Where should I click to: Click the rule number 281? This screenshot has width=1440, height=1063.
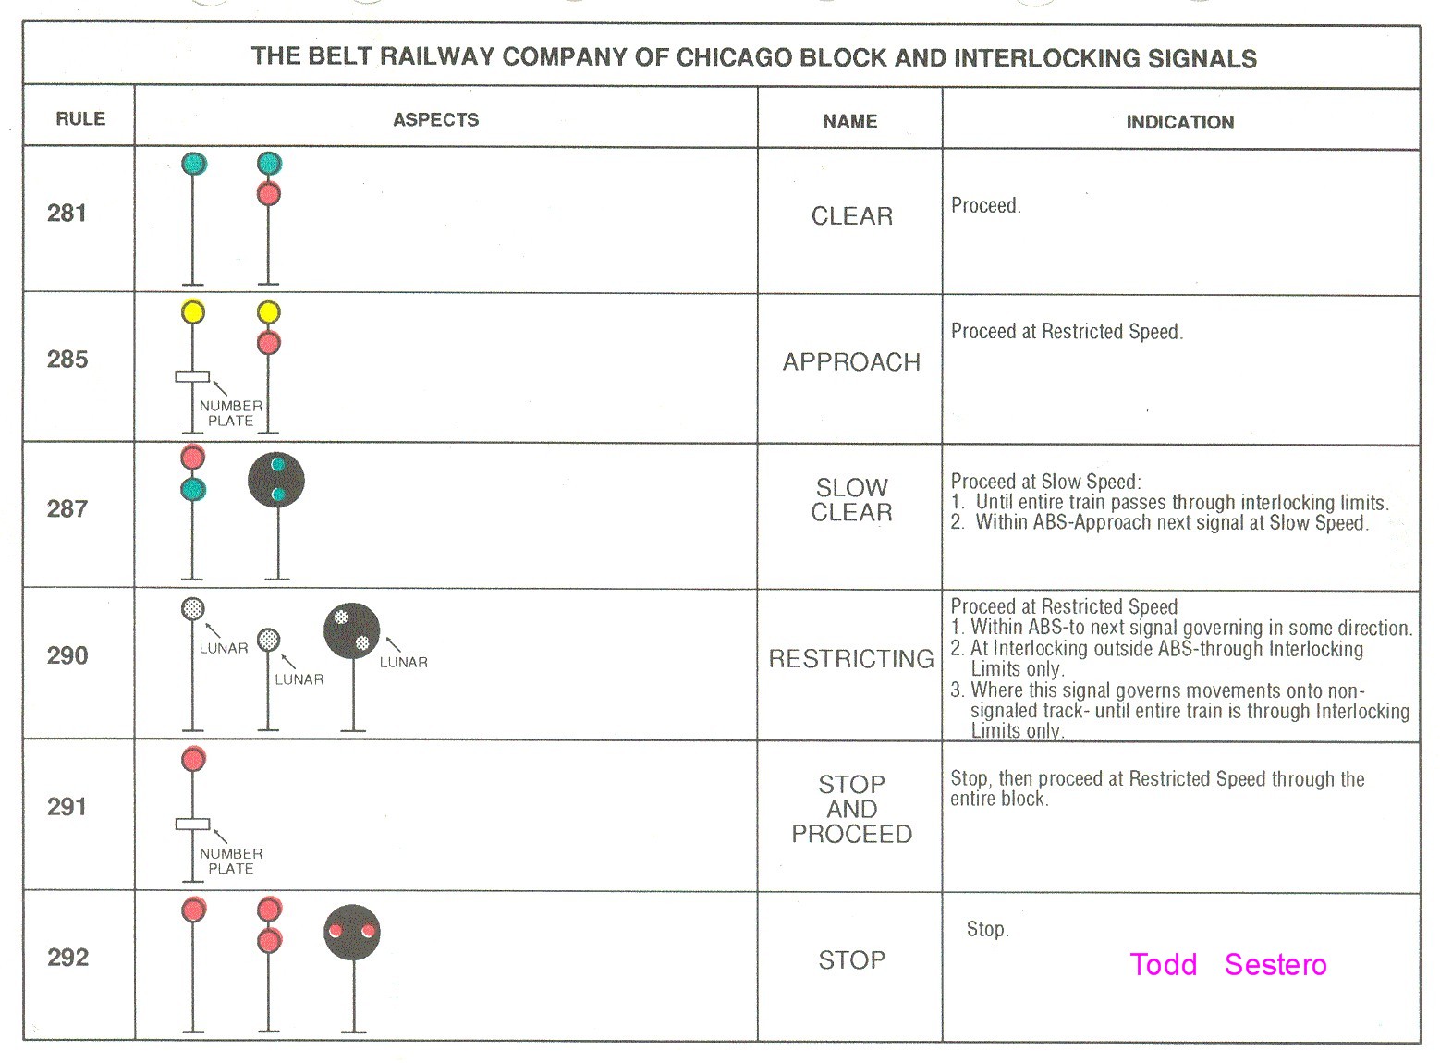(x=67, y=214)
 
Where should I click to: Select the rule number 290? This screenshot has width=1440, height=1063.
(x=67, y=656)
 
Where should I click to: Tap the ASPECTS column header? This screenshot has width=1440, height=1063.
(x=435, y=119)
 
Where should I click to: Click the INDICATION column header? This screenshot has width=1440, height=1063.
(x=1179, y=122)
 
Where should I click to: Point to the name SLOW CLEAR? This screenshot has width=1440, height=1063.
(x=851, y=500)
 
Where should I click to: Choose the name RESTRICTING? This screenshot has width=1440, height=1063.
(x=851, y=659)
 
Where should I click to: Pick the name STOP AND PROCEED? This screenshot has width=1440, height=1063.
(x=851, y=809)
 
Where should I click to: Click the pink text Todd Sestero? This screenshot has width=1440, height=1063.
(x=1227, y=965)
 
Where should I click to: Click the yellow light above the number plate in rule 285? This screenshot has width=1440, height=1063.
(x=192, y=312)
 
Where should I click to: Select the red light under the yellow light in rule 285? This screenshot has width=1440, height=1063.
(x=268, y=344)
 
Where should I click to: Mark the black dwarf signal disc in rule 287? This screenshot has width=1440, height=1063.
(x=276, y=481)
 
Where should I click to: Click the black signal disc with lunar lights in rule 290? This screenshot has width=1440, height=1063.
(x=351, y=630)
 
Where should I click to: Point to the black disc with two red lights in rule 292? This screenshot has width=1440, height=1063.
(x=352, y=932)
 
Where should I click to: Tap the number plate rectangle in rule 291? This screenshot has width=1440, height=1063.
(x=192, y=825)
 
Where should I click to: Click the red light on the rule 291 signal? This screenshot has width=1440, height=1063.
(x=192, y=760)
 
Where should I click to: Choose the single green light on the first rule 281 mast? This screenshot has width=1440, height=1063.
(x=193, y=165)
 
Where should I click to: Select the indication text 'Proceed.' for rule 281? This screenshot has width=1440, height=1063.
(x=985, y=206)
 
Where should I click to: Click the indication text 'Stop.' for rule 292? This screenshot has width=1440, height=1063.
(x=987, y=930)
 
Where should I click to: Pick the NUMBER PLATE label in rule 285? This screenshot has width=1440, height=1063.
(x=230, y=413)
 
